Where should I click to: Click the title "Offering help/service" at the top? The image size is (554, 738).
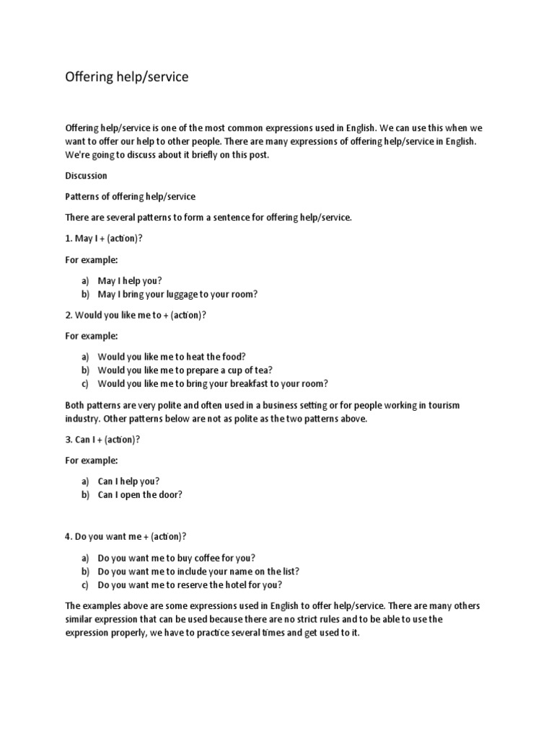pyautogui.click(x=126, y=76)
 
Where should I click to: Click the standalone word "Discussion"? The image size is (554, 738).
pyautogui.click(x=86, y=176)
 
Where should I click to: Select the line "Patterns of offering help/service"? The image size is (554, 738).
pyautogui.click(x=130, y=197)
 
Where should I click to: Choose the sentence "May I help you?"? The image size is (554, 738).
pyautogui.click(x=130, y=281)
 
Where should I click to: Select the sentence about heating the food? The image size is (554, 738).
pyautogui.click(x=171, y=357)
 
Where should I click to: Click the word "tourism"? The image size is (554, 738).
pyautogui.click(x=441, y=406)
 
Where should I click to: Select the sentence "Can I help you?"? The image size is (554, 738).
pyautogui.click(x=128, y=481)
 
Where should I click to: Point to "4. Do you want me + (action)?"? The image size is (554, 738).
pyautogui.click(x=126, y=536)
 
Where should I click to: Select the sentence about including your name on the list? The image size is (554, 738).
pyautogui.click(x=198, y=572)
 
